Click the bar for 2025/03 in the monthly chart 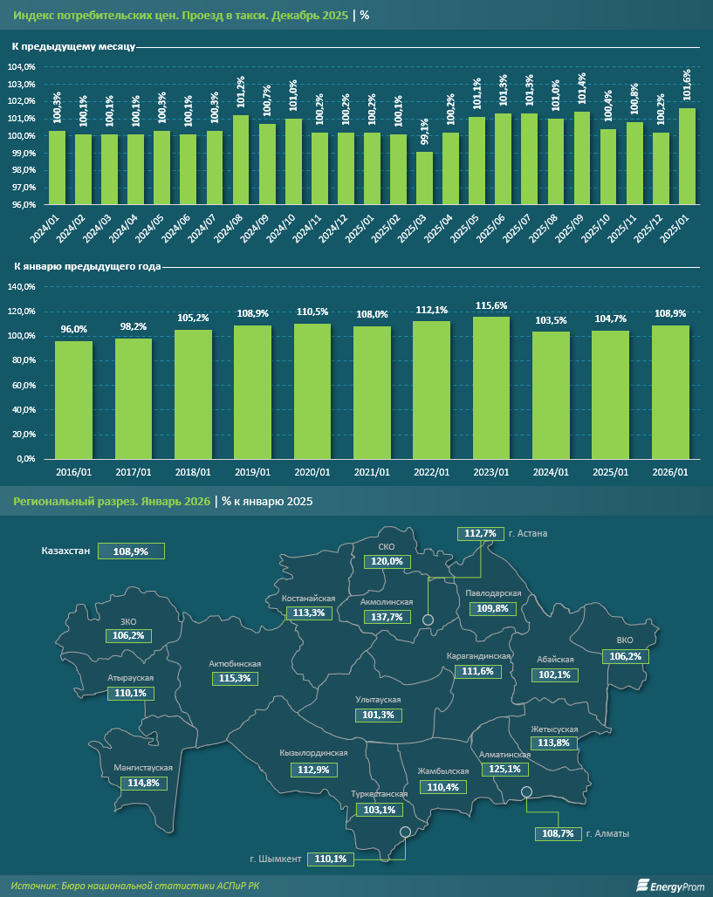tap(424, 178)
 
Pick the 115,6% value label tap(491, 305)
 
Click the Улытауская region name tap(378, 700)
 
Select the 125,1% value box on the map tap(505, 770)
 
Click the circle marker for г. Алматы tap(526, 792)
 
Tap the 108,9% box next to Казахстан tap(131, 551)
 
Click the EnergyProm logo tap(668, 885)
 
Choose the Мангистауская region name tap(143, 768)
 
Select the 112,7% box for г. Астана tap(481, 533)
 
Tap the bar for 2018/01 tap(193, 394)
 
